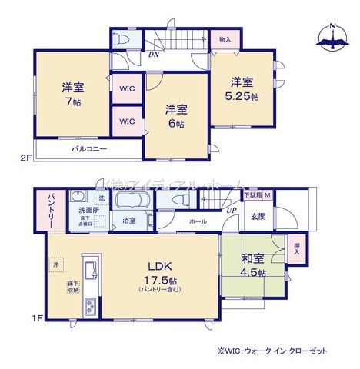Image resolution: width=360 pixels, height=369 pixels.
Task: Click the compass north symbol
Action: pyautogui.click(x=332, y=37)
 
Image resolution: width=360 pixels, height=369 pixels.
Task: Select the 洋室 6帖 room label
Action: pyautogui.click(x=177, y=116)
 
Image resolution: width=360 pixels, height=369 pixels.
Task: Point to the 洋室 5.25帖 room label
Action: pyautogui.click(x=242, y=89)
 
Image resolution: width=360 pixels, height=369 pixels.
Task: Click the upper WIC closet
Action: pyautogui.click(x=127, y=88)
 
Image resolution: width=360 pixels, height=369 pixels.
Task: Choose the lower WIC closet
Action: pyautogui.click(x=127, y=121)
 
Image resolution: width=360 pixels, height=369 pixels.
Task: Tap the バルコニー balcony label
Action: pyautogui.click(x=89, y=148)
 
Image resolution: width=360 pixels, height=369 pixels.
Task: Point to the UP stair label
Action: pyautogui.click(x=231, y=210)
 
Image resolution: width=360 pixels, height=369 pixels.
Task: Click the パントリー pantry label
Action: pyautogui.click(x=48, y=206)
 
